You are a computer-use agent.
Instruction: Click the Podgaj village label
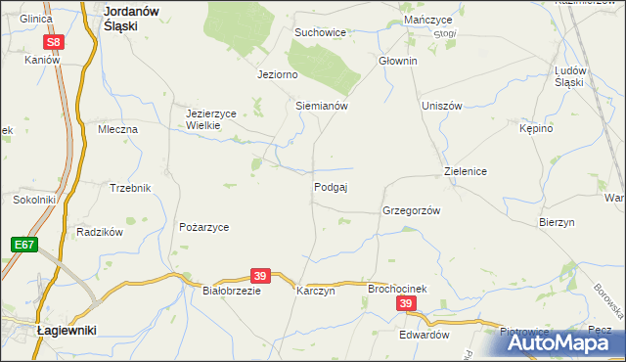(x=331, y=187)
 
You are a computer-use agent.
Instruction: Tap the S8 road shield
(x=55, y=42)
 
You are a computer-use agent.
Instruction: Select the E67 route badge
(x=24, y=244)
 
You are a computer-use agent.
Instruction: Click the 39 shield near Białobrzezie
(x=259, y=277)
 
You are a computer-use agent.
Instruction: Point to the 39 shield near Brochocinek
(x=407, y=305)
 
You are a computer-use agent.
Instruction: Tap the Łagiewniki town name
(x=66, y=331)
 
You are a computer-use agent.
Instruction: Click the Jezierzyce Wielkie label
(x=211, y=119)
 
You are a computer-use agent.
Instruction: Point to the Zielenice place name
(x=466, y=171)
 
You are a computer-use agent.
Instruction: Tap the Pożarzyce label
(x=203, y=227)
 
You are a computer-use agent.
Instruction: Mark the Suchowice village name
(x=321, y=32)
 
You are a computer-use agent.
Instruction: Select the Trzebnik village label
(x=130, y=188)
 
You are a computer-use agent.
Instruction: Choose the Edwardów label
(x=424, y=335)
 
